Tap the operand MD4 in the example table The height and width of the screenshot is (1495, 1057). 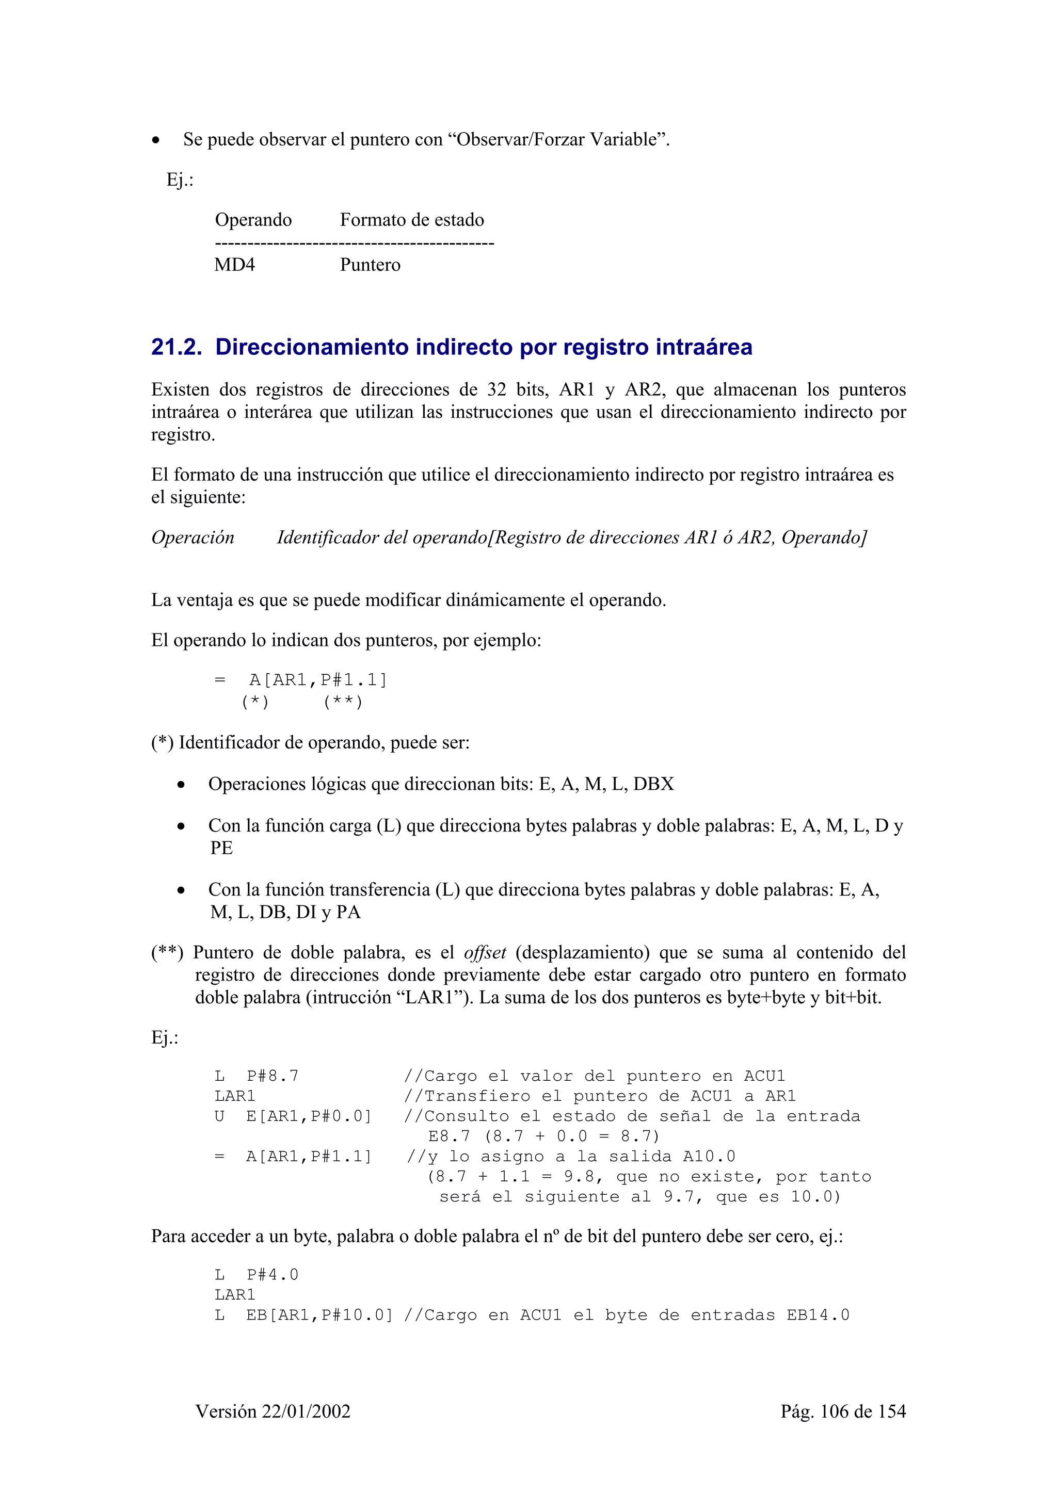234,265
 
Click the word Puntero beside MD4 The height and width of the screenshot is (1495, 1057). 370,265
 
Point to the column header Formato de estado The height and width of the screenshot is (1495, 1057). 411,220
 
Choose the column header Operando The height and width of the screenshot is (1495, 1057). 253,220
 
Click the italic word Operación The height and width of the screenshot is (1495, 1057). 193,538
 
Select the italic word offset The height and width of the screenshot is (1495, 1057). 485,953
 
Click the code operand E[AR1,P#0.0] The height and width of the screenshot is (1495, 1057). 309,1116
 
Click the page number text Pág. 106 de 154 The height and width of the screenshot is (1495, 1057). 843,1411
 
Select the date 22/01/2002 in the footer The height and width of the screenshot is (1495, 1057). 306,1411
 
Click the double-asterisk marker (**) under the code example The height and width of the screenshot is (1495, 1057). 343,702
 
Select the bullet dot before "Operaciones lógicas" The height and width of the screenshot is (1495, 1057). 181,785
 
